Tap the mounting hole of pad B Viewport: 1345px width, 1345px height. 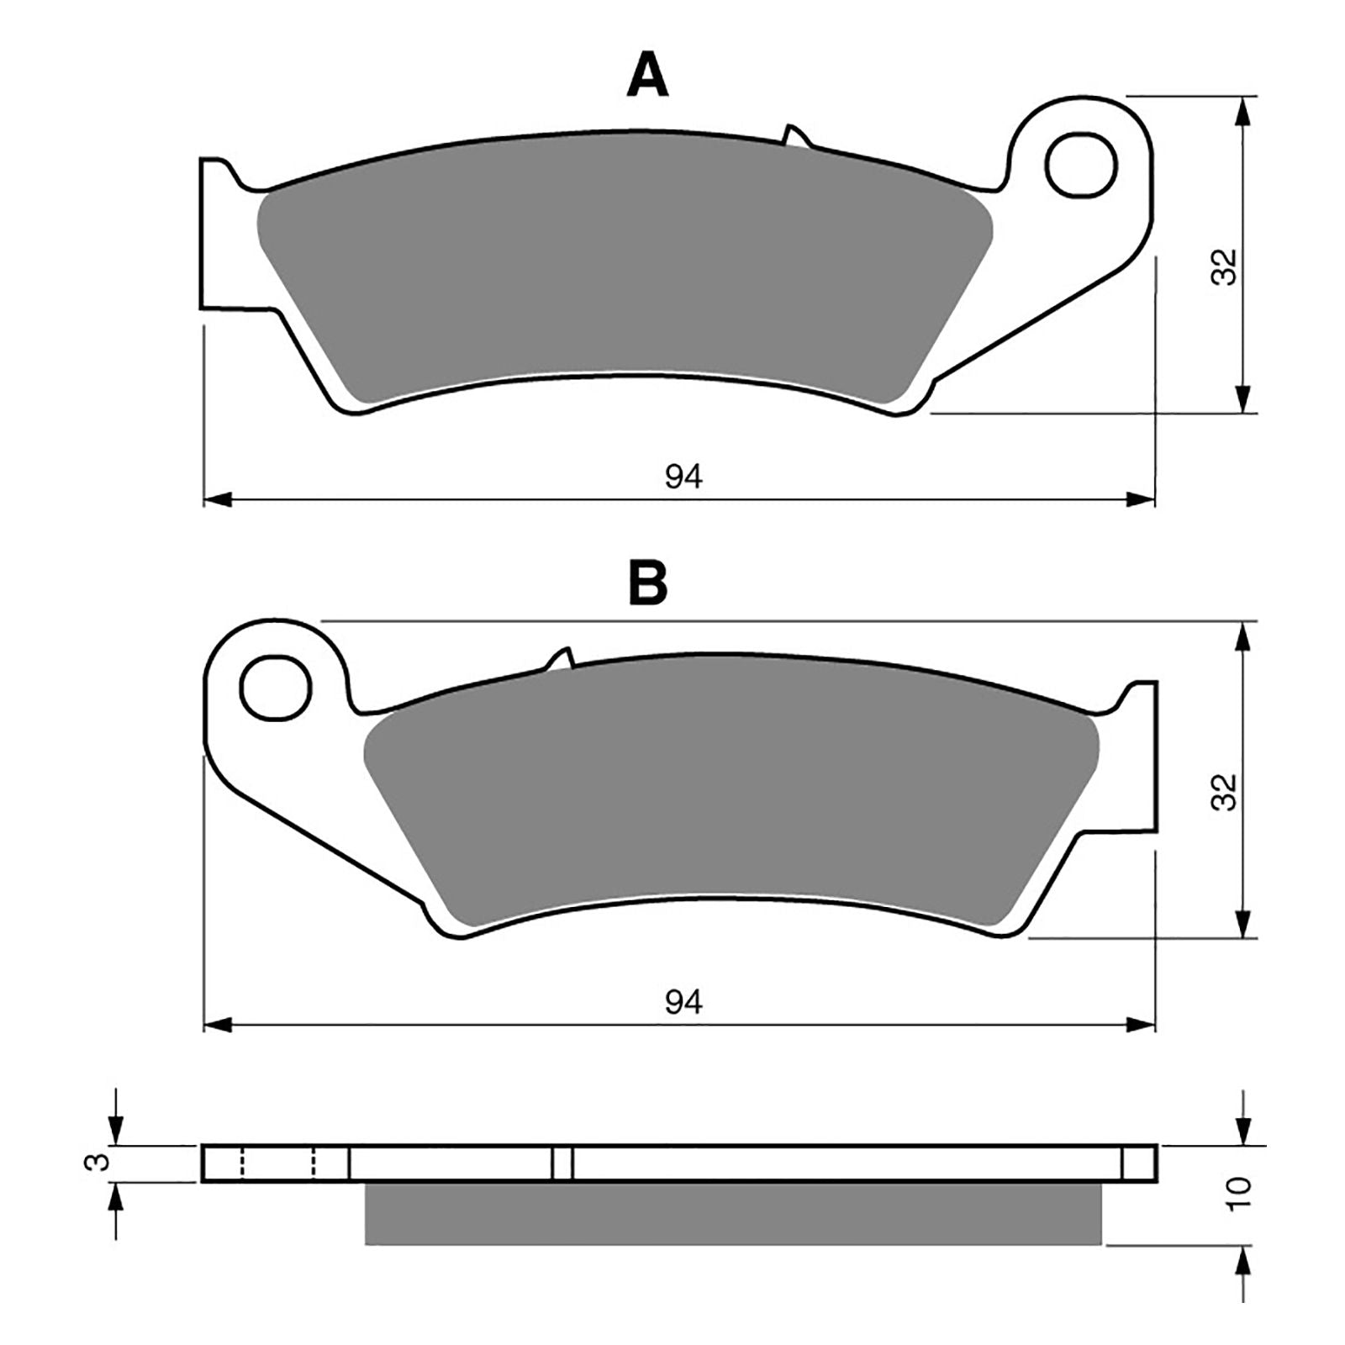[x=276, y=688]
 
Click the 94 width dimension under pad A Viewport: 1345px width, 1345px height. [x=683, y=477]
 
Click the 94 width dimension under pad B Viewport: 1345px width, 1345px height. [x=683, y=1002]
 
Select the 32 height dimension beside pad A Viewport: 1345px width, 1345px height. [x=1226, y=266]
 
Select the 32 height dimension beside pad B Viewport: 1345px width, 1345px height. [x=1226, y=791]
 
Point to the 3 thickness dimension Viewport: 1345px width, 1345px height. [x=98, y=1163]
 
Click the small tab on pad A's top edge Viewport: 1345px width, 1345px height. [x=794, y=137]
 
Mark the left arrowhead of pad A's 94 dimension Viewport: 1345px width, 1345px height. [x=216, y=500]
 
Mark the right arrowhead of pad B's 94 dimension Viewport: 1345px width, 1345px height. [x=1143, y=1025]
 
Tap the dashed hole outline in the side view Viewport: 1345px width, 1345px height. [x=277, y=1163]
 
